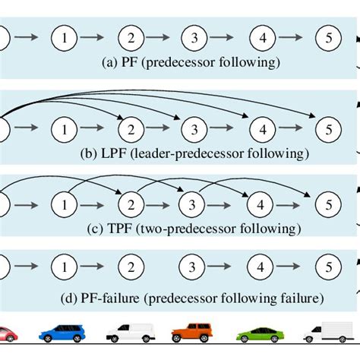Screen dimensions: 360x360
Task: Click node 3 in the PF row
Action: pos(195,37)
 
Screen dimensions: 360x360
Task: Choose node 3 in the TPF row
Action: pos(195,204)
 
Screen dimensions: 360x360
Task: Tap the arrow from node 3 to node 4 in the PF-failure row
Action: pos(229,268)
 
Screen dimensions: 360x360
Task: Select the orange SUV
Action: pos(192,332)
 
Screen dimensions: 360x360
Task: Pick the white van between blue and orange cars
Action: pos(129,332)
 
